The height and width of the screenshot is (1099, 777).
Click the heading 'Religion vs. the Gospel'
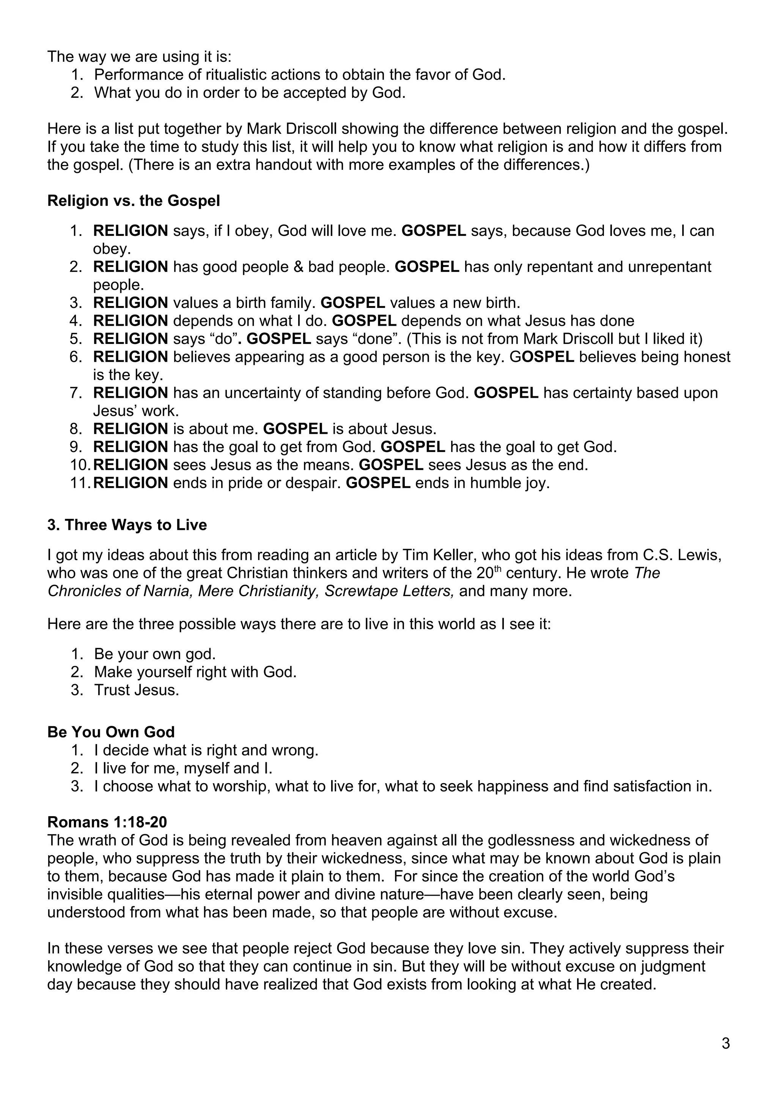(134, 201)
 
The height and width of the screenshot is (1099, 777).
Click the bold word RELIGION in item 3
(130, 303)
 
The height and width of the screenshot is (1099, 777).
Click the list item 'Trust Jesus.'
(137, 690)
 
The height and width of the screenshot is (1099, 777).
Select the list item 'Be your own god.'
(155, 654)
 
